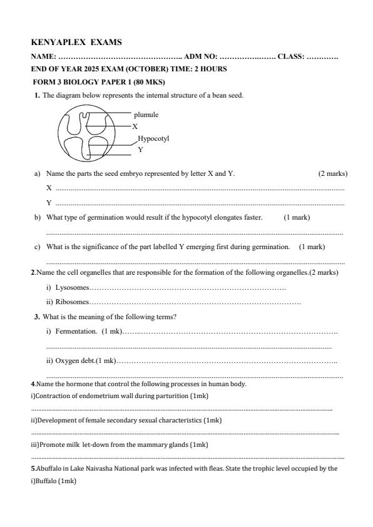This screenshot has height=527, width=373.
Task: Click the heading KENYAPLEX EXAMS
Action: point(76,43)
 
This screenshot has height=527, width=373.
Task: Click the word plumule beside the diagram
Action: point(146,115)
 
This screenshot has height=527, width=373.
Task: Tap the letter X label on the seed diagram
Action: point(135,126)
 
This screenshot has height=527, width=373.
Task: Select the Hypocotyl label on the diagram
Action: point(153,139)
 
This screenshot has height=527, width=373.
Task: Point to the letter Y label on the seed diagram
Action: point(140,150)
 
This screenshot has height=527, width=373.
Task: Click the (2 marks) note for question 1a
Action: point(332,173)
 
